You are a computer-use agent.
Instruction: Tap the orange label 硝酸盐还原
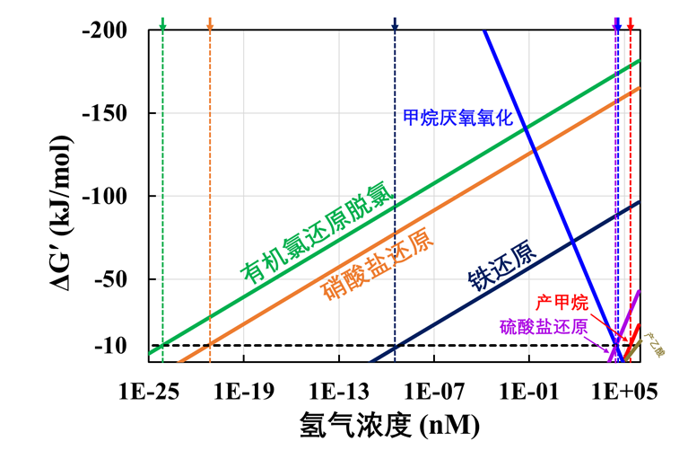pos(376,265)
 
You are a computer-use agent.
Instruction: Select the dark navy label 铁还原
pos(502,269)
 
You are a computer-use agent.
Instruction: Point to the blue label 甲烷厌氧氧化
pos(457,117)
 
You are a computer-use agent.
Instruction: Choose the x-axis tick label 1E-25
pos(149,392)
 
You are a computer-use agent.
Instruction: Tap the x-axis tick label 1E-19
pos(243,392)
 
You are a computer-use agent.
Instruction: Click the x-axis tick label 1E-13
pos(338,392)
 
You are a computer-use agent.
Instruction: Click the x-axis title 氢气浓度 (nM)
pos(388,425)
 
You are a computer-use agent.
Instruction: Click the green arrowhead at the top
pos(162,26)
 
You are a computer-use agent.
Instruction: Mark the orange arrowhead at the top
pos(210,26)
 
